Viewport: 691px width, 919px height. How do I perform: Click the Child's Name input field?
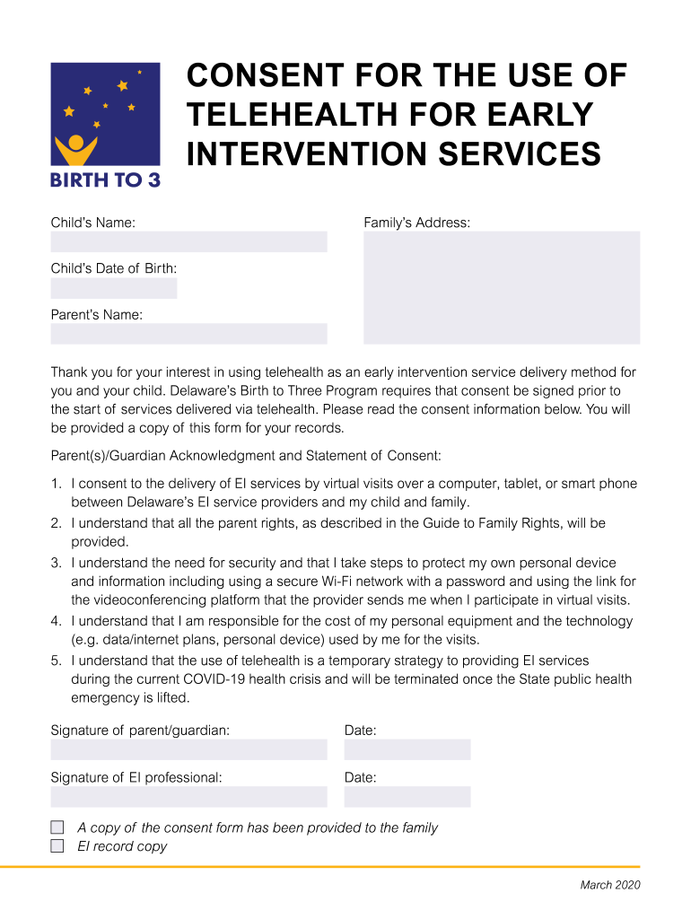click(x=188, y=241)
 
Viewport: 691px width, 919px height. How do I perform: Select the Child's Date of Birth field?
click(x=114, y=288)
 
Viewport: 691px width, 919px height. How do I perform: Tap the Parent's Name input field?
click(x=188, y=334)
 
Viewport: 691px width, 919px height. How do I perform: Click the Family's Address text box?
click(x=501, y=287)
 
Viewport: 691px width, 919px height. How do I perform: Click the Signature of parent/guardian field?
click(x=188, y=750)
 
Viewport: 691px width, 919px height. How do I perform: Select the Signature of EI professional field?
click(x=188, y=797)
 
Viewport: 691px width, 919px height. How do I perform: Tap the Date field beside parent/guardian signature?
click(x=407, y=750)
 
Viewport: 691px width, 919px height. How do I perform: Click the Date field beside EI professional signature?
click(x=407, y=797)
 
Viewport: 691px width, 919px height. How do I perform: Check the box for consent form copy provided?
click(x=57, y=827)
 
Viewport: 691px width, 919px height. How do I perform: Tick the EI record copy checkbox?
click(x=57, y=846)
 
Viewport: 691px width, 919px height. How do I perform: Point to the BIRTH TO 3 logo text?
click(x=105, y=179)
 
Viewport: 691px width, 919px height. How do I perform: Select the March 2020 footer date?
click(x=609, y=886)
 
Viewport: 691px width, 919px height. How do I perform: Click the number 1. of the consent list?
click(x=56, y=484)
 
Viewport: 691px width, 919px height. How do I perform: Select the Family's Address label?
click(x=416, y=223)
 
